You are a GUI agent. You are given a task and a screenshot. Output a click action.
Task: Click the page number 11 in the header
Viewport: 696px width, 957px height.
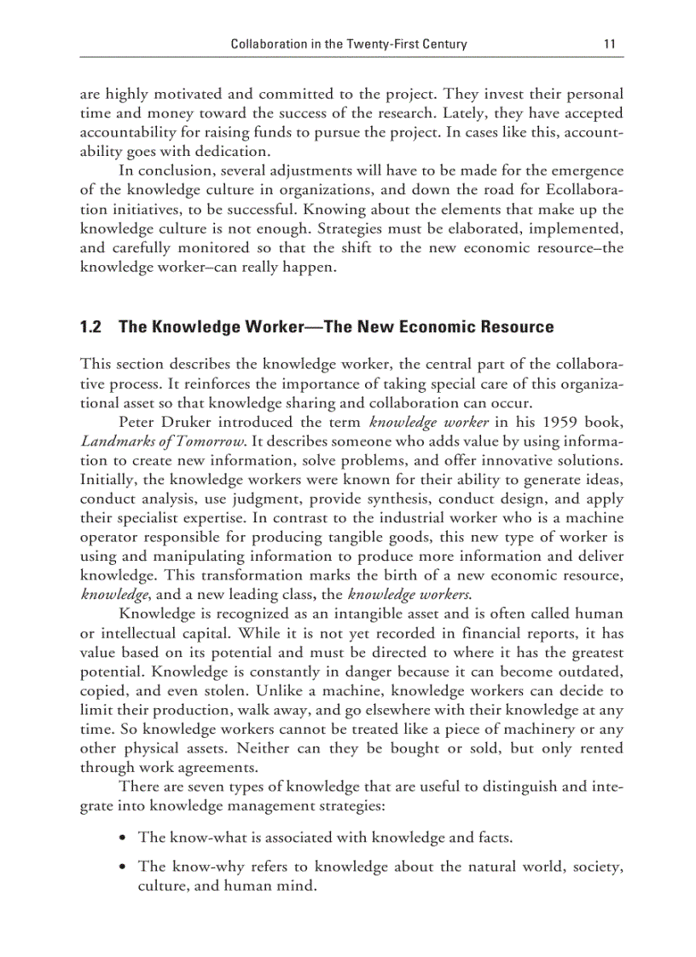(x=609, y=43)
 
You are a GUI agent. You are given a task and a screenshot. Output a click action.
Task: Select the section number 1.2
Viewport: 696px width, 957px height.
(x=90, y=326)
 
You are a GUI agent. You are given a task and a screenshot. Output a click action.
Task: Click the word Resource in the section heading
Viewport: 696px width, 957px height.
(x=515, y=326)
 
